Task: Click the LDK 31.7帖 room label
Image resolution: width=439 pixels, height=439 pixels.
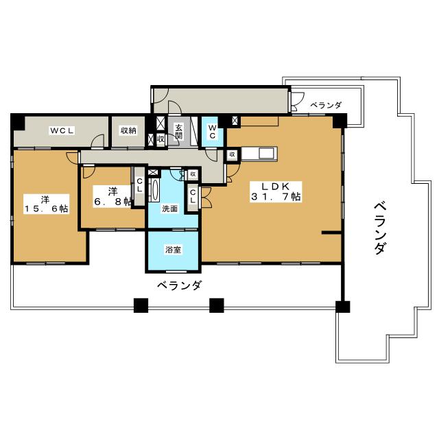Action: coord(276,192)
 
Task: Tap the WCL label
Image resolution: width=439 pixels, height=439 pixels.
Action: coord(62,130)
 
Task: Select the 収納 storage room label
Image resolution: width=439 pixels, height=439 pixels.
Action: coord(128,130)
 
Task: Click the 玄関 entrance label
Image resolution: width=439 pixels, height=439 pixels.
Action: coord(178,131)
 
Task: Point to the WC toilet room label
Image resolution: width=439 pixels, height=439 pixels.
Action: coord(212,132)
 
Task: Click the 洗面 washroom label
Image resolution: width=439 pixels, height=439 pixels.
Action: coord(169,209)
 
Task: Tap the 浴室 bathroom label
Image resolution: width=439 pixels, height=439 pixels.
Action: coord(173,250)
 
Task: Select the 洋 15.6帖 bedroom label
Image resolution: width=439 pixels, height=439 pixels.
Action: coord(46,204)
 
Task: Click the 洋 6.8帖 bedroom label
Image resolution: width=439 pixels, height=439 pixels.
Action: coord(112,197)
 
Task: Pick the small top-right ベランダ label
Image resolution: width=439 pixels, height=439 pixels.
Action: coord(326,105)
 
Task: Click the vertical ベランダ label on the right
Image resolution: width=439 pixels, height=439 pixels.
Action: coord(380,228)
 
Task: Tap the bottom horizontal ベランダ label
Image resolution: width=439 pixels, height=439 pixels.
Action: coord(179,285)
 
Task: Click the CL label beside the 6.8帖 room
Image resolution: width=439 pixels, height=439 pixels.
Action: coord(139,185)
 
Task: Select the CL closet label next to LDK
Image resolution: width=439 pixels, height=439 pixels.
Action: coord(193,196)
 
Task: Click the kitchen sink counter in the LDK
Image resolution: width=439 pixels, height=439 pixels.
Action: coord(259,154)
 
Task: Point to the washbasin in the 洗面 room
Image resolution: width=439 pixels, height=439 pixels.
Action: coord(154,190)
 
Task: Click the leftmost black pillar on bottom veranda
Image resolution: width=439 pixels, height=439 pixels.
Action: coord(141,305)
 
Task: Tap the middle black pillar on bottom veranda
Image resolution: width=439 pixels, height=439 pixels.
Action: coord(217,305)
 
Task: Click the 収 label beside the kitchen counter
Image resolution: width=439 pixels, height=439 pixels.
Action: coord(232,154)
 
